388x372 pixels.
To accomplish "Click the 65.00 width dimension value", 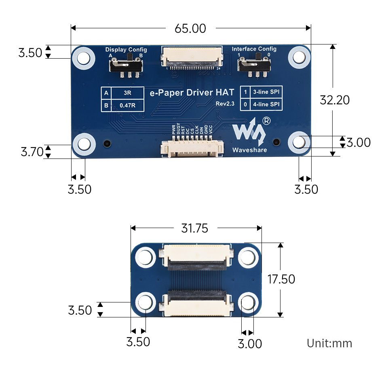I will pyautogui.click(x=190, y=29).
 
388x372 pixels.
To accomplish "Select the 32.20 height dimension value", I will pyautogui.click(x=334, y=100).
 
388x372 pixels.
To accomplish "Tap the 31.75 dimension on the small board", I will pyautogui.click(x=194, y=228).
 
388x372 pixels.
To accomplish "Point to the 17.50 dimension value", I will pyautogui.click(x=281, y=279).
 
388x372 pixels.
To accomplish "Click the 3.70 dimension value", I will pyautogui.click(x=32, y=152).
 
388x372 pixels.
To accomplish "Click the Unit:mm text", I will pyautogui.click(x=329, y=344).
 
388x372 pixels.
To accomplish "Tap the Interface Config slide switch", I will pyautogui.click(x=254, y=65).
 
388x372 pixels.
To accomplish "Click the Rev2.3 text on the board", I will pyautogui.click(x=225, y=104).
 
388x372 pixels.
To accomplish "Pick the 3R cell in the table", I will pyautogui.click(x=127, y=93).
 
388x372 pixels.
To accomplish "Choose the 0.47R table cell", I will pyautogui.click(x=127, y=106).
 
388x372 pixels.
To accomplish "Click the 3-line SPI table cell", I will pyautogui.click(x=266, y=92).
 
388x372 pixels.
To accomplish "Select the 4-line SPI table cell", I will pyautogui.click(x=266, y=105).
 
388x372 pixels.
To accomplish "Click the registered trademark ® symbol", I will pyautogui.click(x=267, y=120).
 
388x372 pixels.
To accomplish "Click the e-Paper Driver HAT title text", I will pyautogui.click(x=192, y=93).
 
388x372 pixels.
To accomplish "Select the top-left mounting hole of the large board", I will pyautogui.click(x=84, y=58).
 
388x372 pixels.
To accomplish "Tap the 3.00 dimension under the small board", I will pyautogui.click(x=250, y=344).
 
